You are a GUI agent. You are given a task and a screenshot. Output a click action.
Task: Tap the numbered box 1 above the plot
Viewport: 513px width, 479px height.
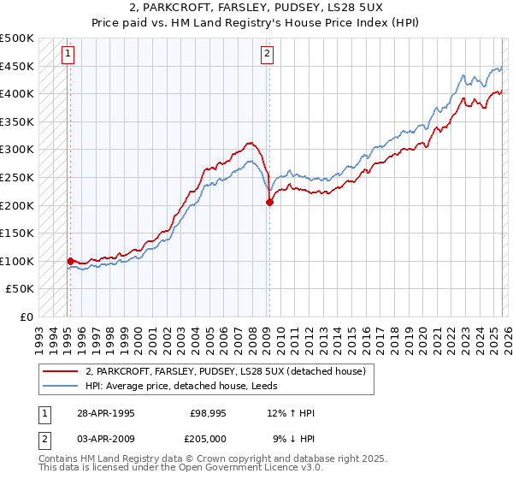coord(68,54)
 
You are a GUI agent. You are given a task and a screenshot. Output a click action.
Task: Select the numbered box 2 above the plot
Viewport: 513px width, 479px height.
coord(268,54)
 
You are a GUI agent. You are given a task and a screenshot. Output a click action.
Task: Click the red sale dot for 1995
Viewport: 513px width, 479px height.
coord(70,261)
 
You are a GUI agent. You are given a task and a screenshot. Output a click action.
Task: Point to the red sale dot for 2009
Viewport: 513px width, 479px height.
coord(269,203)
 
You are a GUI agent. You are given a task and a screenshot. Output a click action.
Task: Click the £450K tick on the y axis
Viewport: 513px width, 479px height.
coord(17,66)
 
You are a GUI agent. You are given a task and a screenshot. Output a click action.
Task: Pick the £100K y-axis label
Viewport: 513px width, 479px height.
coord(17,261)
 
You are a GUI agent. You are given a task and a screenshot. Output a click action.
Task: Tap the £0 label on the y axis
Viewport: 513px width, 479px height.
coord(26,316)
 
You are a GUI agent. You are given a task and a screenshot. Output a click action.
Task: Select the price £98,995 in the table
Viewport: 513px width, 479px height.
coord(209,413)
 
